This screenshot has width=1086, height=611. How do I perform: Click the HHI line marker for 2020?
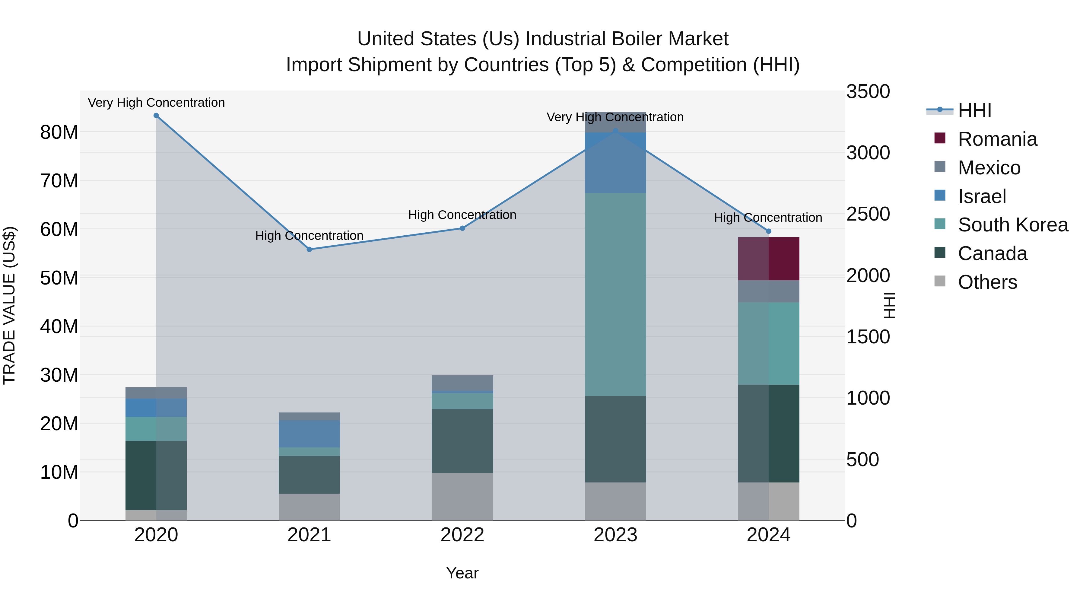156,116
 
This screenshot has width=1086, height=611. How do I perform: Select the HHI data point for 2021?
309,249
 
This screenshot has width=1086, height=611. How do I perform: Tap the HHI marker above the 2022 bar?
462,228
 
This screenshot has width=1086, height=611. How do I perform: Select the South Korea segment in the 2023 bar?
615,294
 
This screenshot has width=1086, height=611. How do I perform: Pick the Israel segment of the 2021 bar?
309,434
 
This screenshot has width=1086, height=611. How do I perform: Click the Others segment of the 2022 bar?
462,496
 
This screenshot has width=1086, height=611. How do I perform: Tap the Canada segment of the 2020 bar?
156,475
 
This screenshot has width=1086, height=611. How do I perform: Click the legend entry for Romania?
997,139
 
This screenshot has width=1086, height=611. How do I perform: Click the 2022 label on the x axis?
462,535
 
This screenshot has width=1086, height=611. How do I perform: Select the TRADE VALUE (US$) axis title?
9,305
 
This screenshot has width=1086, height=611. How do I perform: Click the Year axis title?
462,573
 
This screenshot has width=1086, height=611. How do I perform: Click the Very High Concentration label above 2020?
156,103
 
